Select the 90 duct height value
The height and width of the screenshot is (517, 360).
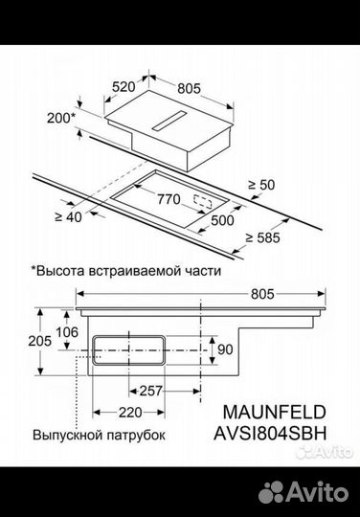coord(226,348)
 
